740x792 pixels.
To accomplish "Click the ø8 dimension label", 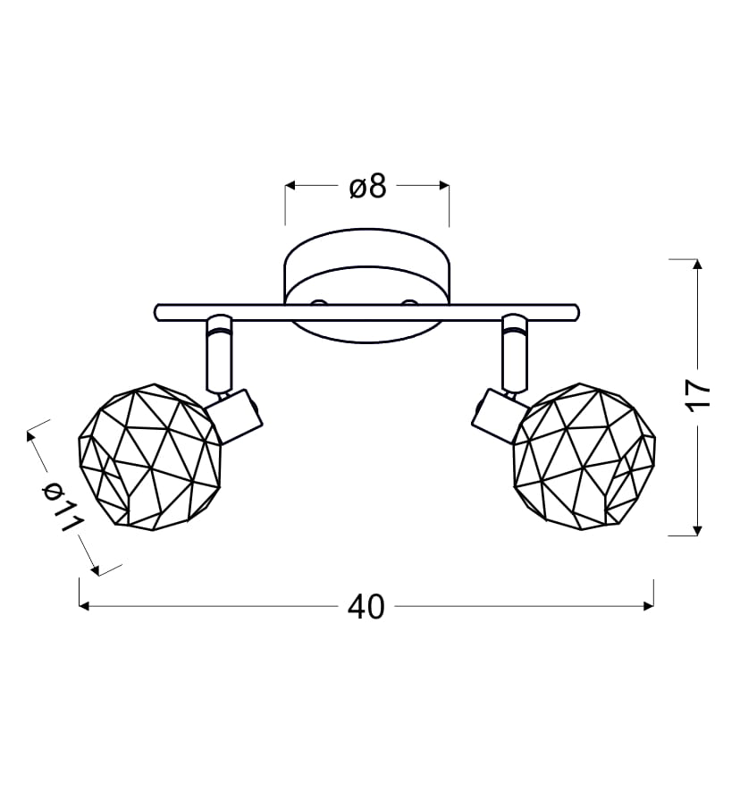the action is [367, 187].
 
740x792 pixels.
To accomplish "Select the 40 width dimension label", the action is [366, 607].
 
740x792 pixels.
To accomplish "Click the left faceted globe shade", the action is [149, 457].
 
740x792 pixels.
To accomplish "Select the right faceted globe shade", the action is [584, 457].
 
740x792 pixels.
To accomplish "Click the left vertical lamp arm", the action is [219, 354].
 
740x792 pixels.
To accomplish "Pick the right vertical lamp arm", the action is [515, 354].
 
